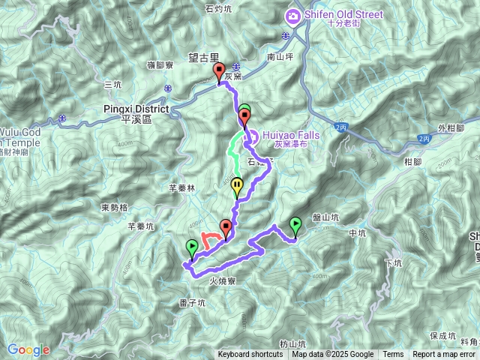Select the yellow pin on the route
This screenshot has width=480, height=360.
(x=238, y=186)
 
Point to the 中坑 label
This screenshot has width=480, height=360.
(x=357, y=233)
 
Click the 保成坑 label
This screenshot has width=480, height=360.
(x=444, y=335)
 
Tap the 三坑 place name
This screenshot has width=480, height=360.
(x=113, y=84)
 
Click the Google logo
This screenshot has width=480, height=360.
(x=28, y=349)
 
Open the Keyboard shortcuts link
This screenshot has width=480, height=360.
(x=250, y=355)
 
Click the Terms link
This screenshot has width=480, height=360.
(x=393, y=355)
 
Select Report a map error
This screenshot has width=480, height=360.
(x=443, y=355)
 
